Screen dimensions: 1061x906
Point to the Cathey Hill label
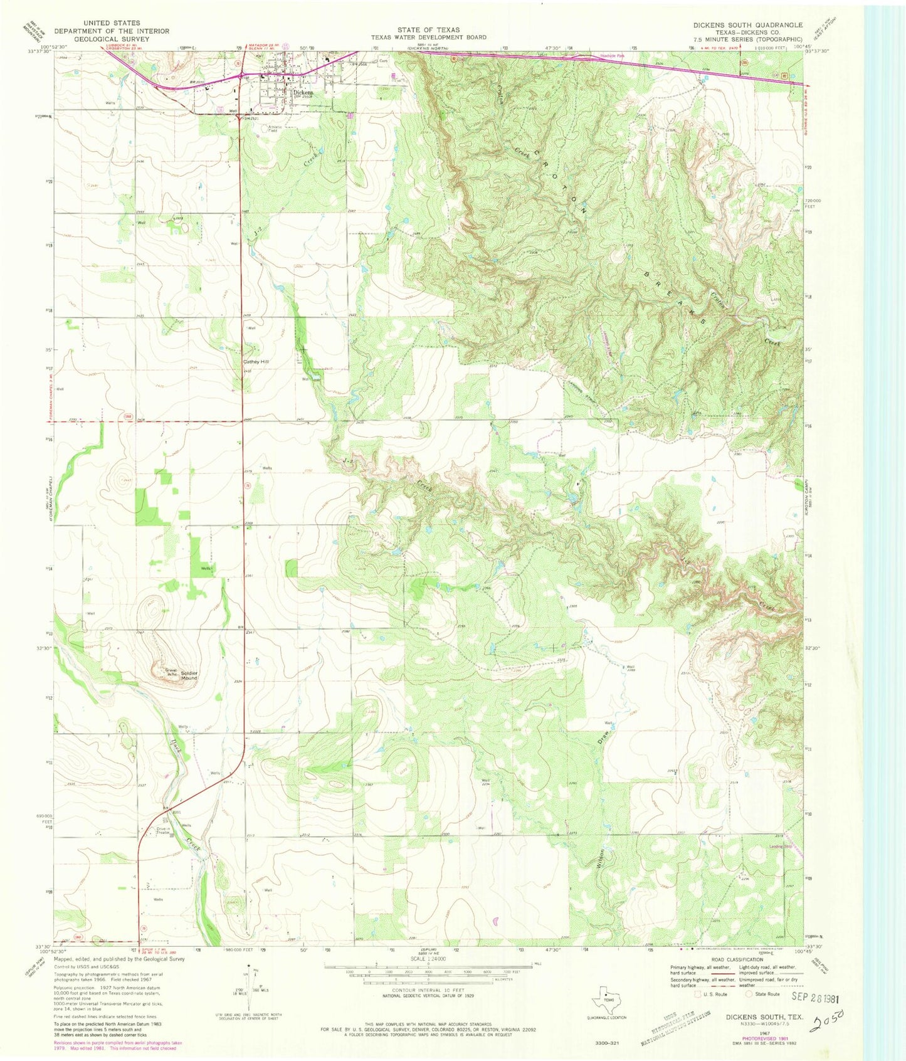(256, 362)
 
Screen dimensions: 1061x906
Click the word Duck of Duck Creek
(176, 748)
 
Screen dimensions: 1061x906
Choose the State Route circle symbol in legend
(747, 993)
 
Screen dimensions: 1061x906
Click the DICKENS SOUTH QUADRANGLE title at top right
(747, 25)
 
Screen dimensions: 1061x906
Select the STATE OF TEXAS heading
(428, 29)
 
